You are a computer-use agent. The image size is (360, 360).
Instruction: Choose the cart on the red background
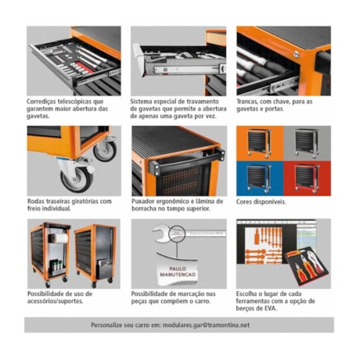point(307,177)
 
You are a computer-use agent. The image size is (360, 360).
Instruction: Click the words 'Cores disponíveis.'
point(261,202)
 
